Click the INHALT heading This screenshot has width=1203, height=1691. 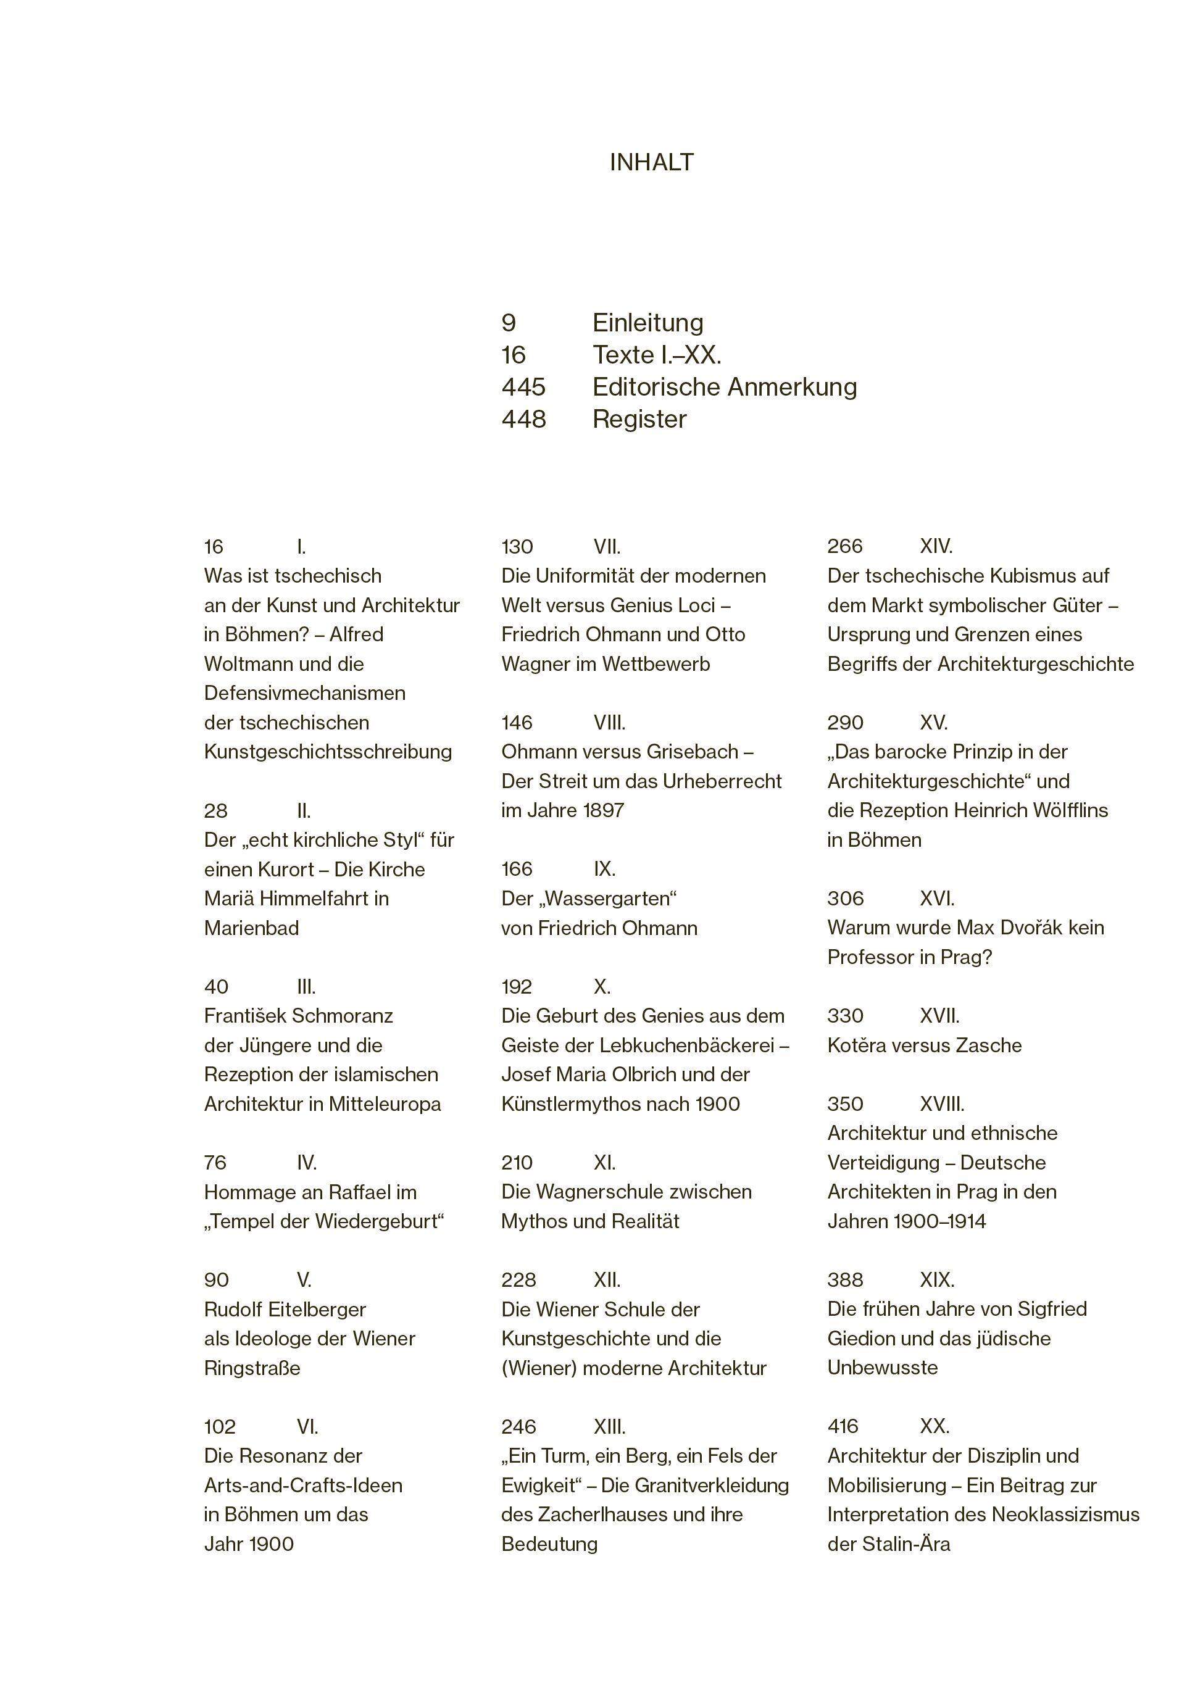click(651, 162)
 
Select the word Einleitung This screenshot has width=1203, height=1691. click(647, 323)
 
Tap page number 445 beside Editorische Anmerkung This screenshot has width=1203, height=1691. click(523, 386)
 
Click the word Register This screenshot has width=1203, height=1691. click(639, 419)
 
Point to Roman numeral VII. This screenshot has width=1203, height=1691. click(607, 547)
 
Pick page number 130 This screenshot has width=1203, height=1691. click(517, 547)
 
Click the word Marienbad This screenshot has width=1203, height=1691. click(251, 928)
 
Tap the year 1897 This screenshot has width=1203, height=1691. click(604, 810)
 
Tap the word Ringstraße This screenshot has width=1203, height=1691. click(252, 1368)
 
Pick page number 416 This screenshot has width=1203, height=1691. click(843, 1427)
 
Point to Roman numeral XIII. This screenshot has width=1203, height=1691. click(609, 1427)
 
